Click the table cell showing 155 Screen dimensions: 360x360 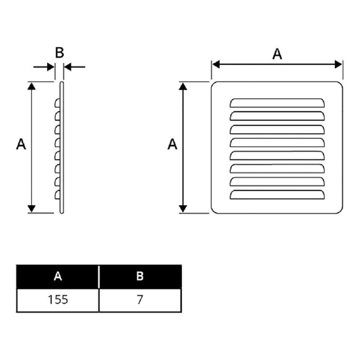coord(58,300)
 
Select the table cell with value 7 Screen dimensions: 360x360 coord(140,300)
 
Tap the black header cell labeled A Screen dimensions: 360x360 coord(58,276)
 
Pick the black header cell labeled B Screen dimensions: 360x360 coord(140,276)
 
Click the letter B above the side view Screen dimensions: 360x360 coord(59,52)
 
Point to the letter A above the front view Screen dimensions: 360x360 coord(277,54)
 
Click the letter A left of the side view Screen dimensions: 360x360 coord(21,144)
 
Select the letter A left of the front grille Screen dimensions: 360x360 coord(172,144)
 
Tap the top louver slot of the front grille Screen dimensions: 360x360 coord(277,103)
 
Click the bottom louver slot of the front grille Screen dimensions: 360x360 coord(277,194)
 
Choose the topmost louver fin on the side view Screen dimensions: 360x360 coord(57,103)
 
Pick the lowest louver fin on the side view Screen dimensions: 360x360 coord(57,195)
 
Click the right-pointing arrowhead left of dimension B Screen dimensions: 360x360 coord(51,67)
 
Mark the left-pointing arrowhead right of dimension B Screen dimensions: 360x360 coord(68,67)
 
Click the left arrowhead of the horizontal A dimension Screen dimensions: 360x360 coord(216,64)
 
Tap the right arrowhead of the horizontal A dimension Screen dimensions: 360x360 coord(338,64)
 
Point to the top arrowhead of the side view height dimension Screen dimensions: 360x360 coord(31,86)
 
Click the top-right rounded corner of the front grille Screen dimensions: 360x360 coord(340,84)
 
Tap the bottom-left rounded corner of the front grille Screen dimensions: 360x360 coord(214,211)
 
